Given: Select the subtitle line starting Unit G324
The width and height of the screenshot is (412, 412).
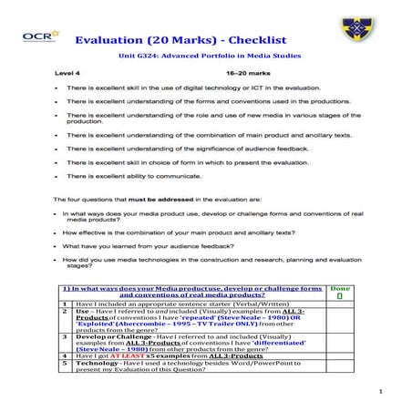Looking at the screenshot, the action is click(204, 56).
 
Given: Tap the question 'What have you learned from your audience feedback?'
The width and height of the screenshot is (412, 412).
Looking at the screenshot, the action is click(157, 245).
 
